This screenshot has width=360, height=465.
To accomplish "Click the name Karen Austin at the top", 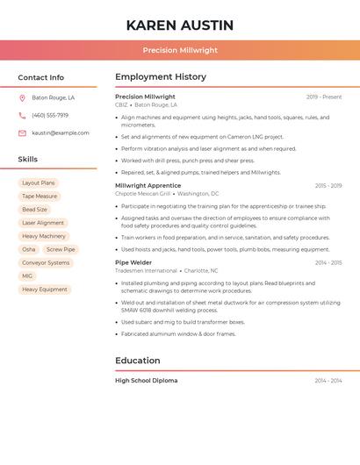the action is click(x=180, y=25).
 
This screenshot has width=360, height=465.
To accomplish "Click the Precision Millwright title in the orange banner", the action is click(x=180, y=50).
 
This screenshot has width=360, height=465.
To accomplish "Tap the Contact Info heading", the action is click(x=40, y=77).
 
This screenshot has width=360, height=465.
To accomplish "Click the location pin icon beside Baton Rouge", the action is click(x=22, y=98).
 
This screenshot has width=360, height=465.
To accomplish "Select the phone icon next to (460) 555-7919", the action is click(x=22, y=116).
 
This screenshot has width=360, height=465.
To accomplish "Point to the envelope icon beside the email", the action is click(x=22, y=133).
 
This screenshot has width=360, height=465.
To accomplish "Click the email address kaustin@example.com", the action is click(x=61, y=133).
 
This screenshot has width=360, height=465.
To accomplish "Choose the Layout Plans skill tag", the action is click(x=38, y=183).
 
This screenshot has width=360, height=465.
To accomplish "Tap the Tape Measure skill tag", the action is click(x=40, y=197).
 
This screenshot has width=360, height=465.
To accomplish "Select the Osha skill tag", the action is click(x=29, y=249).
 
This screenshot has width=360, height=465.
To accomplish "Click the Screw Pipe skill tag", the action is click(x=61, y=249).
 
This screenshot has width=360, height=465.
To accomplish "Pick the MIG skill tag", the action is click(x=27, y=275).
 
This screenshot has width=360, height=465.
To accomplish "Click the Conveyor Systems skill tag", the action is click(x=46, y=262).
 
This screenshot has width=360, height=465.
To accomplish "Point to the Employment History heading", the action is click(x=161, y=77).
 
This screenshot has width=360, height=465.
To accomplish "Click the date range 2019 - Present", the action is click(x=324, y=97).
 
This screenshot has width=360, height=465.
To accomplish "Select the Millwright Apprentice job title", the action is click(x=148, y=186).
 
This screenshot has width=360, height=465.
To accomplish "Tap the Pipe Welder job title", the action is click(x=133, y=262).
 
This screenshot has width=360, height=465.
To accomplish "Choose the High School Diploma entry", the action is click(x=146, y=381).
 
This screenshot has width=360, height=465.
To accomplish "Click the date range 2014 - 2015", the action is click(x=328, y=262).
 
